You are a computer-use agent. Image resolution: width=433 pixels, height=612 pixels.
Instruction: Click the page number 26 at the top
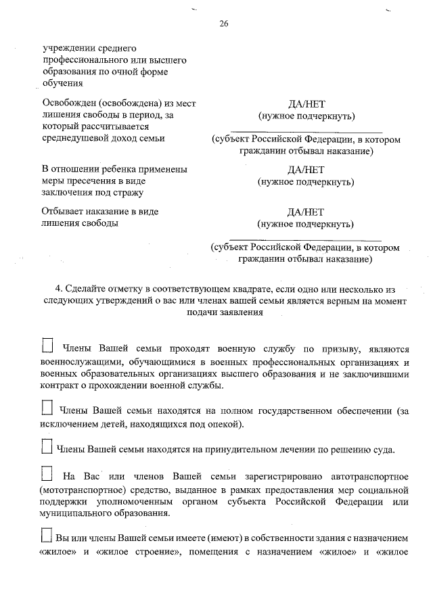pyautogui.click(x=224, y=24)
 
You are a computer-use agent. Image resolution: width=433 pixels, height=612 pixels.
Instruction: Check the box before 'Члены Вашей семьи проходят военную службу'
pyautogui.click(x=47, y=347)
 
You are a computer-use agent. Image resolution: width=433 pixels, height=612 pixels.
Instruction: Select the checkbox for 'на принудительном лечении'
pyautogui.click(x=47, y=446)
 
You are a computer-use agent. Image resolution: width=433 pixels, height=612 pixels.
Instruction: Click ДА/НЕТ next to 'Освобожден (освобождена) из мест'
pyautogui.click(x=306, y=104)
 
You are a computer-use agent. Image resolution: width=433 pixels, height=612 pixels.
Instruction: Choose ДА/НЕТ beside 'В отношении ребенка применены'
pyautogui.click(x=306, y=170)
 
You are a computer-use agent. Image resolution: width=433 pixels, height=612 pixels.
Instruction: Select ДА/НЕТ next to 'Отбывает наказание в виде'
pyautogui.click(x=306, y=212)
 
